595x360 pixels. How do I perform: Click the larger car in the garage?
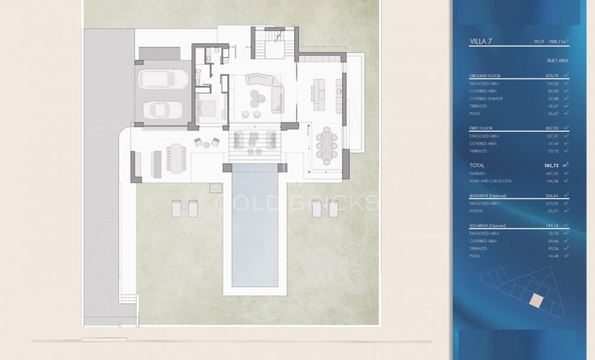tap(162, 78)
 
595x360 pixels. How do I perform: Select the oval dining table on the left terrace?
tap(177, 158)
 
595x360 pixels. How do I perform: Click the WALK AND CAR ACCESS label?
tap(490, 181)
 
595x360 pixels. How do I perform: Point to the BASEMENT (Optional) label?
tap(489, 195)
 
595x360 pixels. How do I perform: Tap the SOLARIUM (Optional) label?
tap(489, 225)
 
